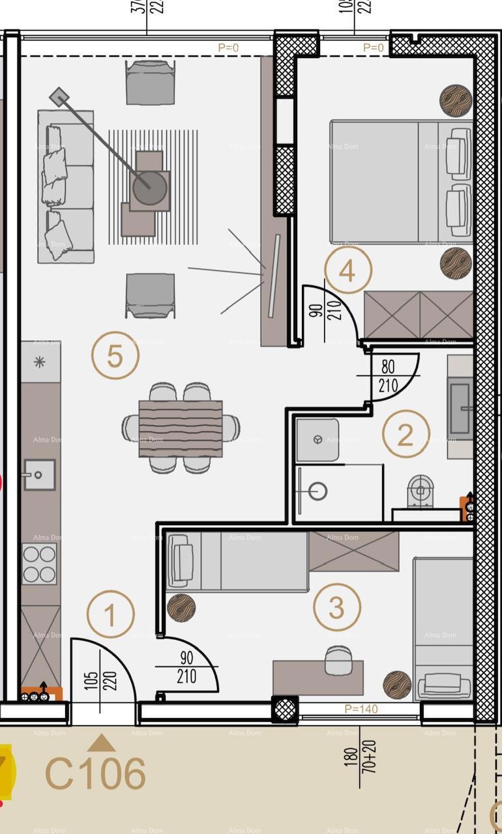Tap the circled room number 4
click(347, 270)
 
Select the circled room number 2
click(406, 435)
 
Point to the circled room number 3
click(336, 607)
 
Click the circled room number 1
click(110, 615)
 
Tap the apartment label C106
click(95, 774)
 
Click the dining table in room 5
click(181, 428)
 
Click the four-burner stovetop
click(39, 564)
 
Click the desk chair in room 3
click(338, 660)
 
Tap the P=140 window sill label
click(361, 709)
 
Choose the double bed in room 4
click(400, 182)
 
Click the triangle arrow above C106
click(101, 743)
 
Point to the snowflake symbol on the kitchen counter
click(40, 362)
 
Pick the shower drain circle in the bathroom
click(317, 491)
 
